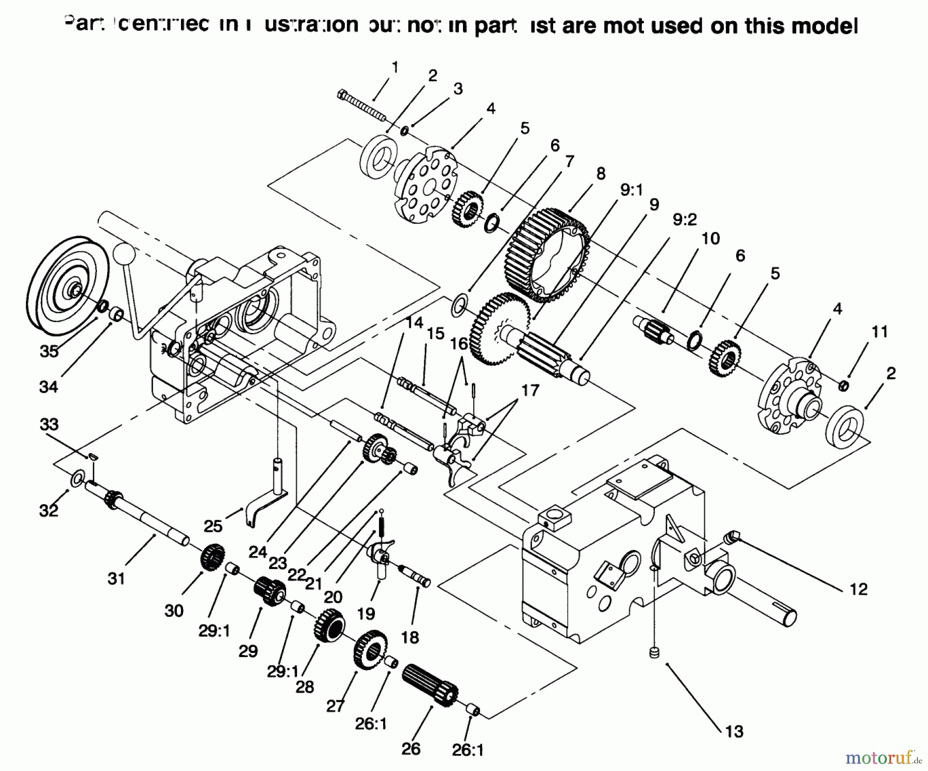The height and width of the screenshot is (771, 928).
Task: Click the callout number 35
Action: pos(49,351)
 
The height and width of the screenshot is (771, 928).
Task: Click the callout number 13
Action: pos(734,731)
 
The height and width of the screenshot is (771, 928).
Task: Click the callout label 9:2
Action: pos(685,220)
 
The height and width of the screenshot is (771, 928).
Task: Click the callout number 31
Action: pos(117,578)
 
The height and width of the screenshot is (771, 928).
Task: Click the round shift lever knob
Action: pos(124,254)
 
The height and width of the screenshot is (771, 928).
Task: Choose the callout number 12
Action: pos(858,589)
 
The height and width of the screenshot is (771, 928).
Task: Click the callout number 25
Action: pos(212,526)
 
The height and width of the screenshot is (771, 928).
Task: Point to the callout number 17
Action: pos(529,390)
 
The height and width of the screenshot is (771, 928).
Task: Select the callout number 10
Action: pos(710,239)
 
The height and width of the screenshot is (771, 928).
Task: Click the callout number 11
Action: pos(879,331)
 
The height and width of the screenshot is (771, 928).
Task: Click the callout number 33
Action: pos(49,425)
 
